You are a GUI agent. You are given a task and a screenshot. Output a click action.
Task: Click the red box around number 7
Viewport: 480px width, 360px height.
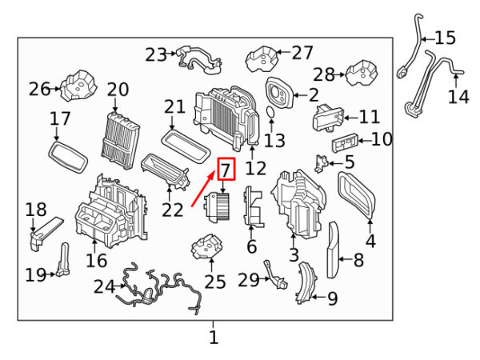tap(226, 170)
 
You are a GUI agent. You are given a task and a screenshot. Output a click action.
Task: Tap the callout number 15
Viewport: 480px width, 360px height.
tap(444, 37)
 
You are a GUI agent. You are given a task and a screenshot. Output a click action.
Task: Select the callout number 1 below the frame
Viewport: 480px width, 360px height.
tap(213, 338)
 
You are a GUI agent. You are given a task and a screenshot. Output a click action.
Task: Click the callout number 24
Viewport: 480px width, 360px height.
tap(104, 286)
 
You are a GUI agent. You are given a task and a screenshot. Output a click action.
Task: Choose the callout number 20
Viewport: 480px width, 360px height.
tap(118, 90)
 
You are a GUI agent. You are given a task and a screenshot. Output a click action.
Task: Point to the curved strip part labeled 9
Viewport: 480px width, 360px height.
tap(303, 284)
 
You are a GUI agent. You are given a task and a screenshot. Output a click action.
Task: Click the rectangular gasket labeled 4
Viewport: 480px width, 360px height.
tap(357, 194)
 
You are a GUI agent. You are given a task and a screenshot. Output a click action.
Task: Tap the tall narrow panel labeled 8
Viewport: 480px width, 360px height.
tap(333, 250)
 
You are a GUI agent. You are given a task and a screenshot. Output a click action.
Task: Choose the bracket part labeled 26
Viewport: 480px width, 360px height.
tap(79, 86)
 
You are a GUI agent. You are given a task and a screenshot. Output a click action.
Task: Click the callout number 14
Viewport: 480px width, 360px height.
tap(458, 97)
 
